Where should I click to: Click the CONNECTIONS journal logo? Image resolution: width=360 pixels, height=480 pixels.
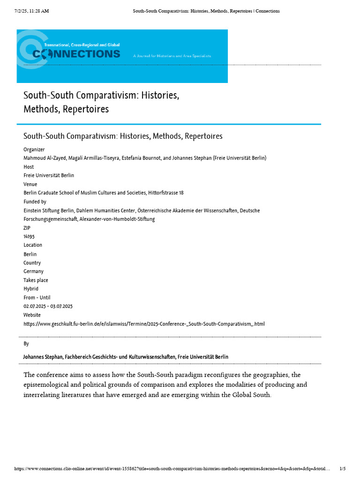coord(76,53)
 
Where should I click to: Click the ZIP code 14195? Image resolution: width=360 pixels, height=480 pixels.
coord(29,237)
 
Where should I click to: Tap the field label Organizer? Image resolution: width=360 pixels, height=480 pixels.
coord(34,150)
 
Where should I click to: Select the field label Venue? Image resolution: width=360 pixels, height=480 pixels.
coord(30,184)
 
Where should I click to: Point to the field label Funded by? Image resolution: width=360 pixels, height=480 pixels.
coord(35,202)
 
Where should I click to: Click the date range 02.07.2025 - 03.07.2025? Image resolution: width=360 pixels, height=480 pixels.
coord(48,306)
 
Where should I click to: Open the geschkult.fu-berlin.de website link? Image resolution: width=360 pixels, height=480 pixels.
coord(144,324)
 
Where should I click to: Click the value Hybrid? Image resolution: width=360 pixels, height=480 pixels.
coord(31,289)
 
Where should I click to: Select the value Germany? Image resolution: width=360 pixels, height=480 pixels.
coord(33,271)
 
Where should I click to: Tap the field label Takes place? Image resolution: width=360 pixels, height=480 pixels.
coord(36,280)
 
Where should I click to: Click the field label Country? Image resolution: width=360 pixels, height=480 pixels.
coord(32,263)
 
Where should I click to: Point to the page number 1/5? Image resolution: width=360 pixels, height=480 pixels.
coord(342,469)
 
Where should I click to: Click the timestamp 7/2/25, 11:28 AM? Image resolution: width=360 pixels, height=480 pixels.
coord(31,11)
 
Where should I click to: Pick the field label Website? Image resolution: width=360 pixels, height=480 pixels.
coord(32,315)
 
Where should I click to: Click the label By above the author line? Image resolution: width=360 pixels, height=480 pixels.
coord(26,344)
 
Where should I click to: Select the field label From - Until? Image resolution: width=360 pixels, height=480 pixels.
coord(37,298)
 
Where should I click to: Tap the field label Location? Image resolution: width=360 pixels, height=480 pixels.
coord(33,245)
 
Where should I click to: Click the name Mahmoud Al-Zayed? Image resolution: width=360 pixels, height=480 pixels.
coord(44,158)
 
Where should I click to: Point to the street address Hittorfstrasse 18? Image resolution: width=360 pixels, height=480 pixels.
coord(166,193)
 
